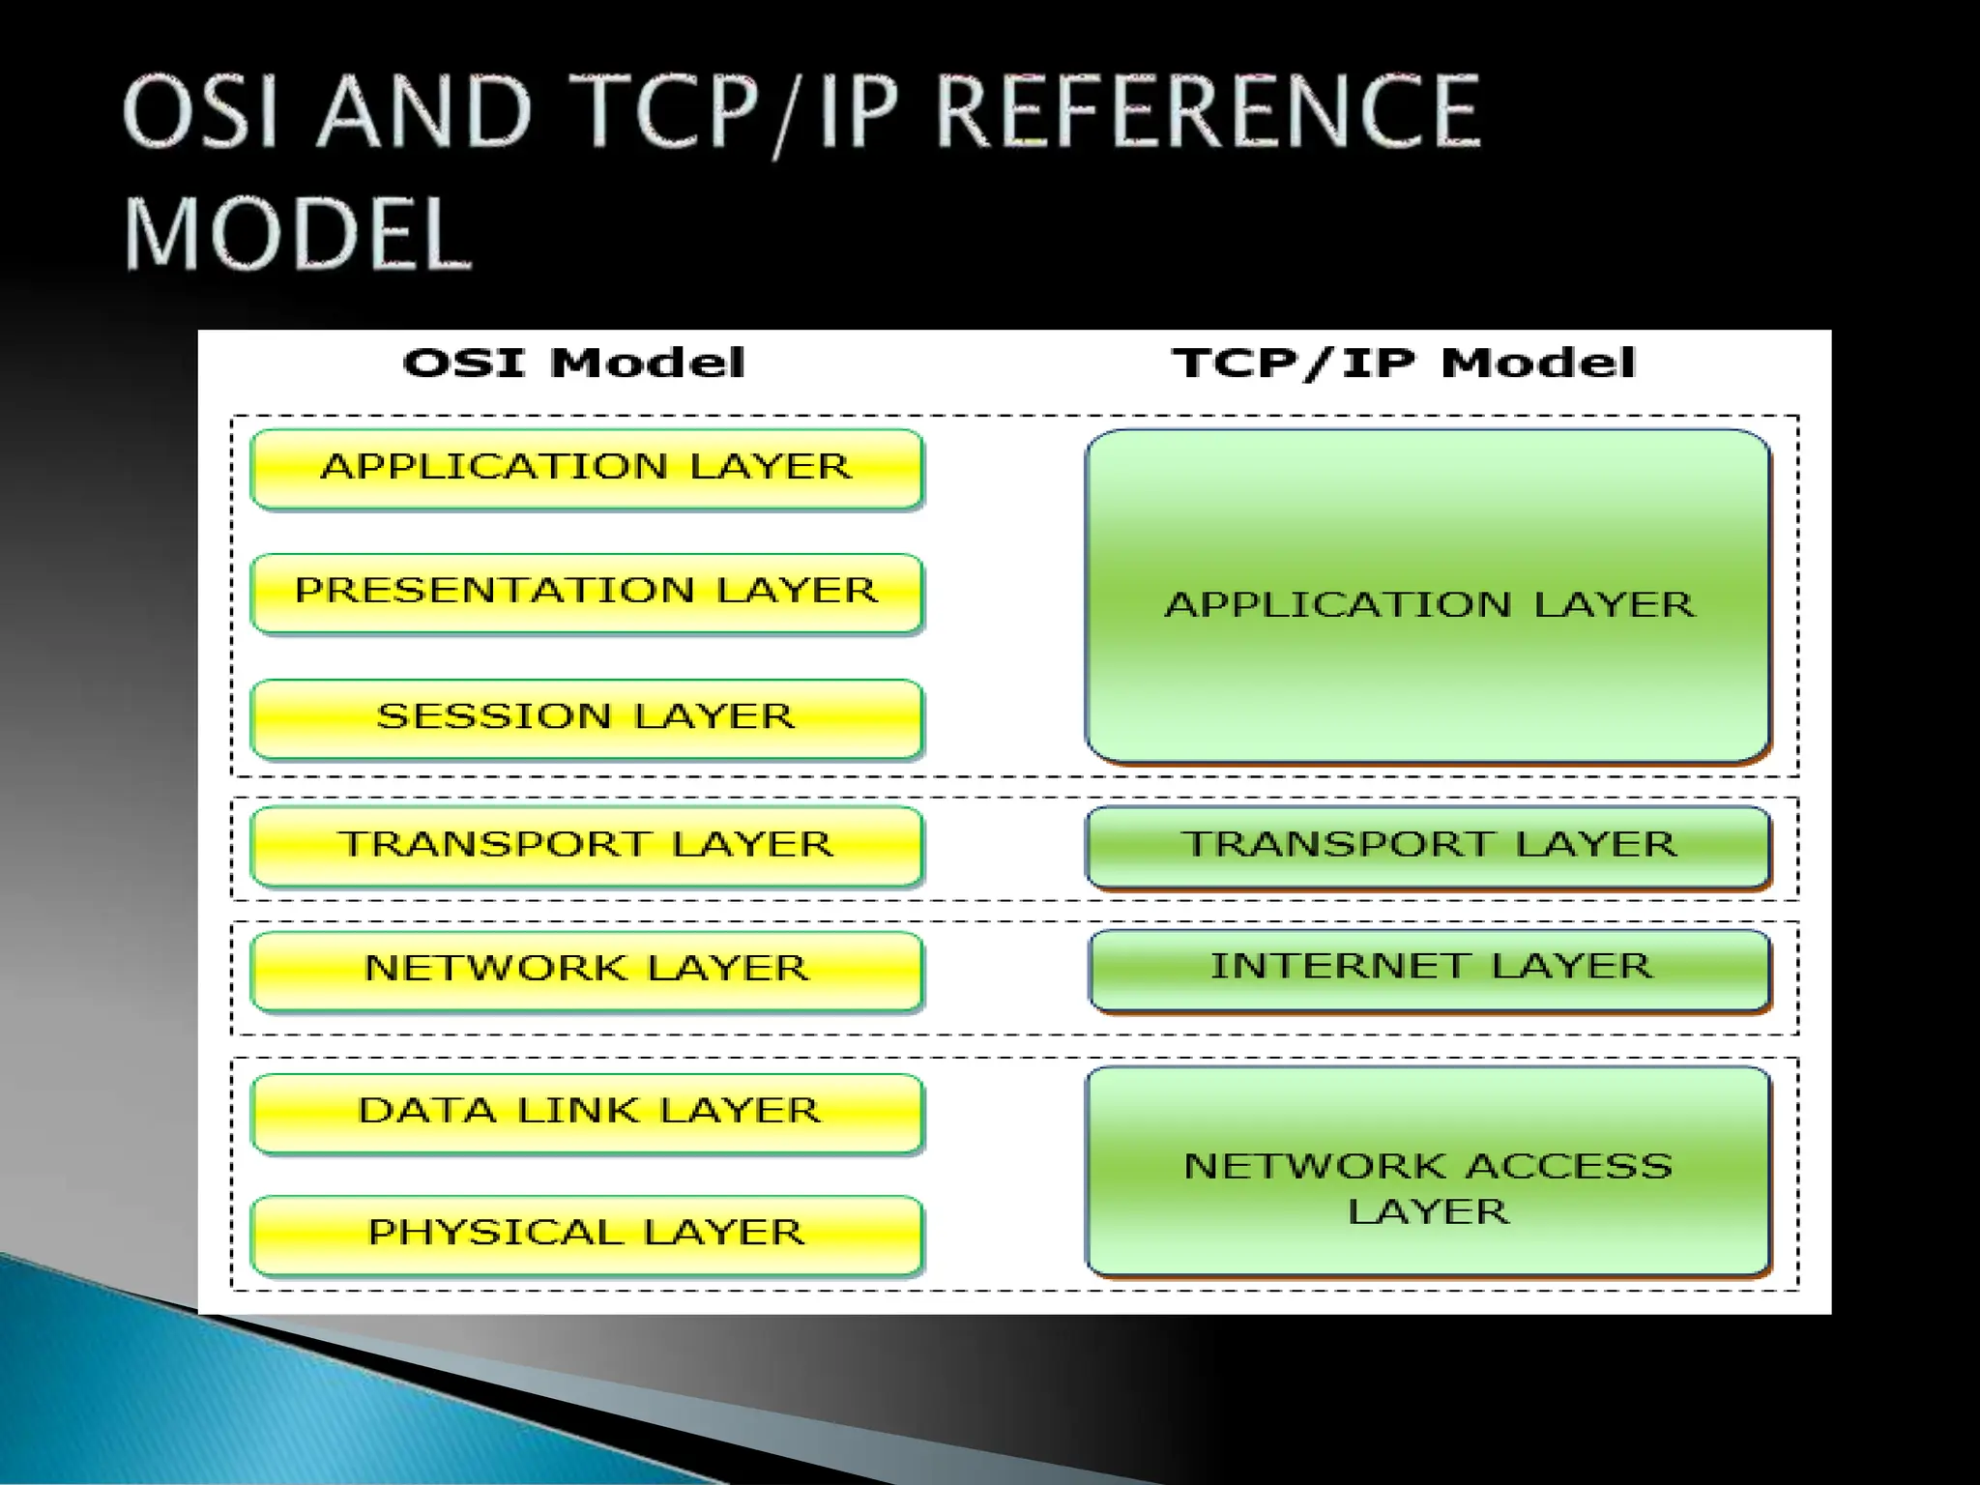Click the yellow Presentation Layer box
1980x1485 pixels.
coord(587,593)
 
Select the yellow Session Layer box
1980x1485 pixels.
coord(587,718)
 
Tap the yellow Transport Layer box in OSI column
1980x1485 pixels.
coord(587,846)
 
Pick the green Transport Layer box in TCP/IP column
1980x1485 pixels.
coord(1428,846)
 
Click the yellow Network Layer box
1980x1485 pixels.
coord(587,970)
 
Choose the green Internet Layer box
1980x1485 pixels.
coord(1430,969)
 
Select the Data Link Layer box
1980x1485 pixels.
coord(587,1112)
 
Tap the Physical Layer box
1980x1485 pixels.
coord(587,1235)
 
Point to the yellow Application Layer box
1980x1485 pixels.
coord(587,468)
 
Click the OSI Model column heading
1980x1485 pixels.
coord(574,364)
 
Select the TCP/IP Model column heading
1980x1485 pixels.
coord(1403,364)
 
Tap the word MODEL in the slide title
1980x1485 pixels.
coord(297,234)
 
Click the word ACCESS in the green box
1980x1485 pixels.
coord(1569,1167)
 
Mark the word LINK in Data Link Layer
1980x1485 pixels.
coord(577,1111)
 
